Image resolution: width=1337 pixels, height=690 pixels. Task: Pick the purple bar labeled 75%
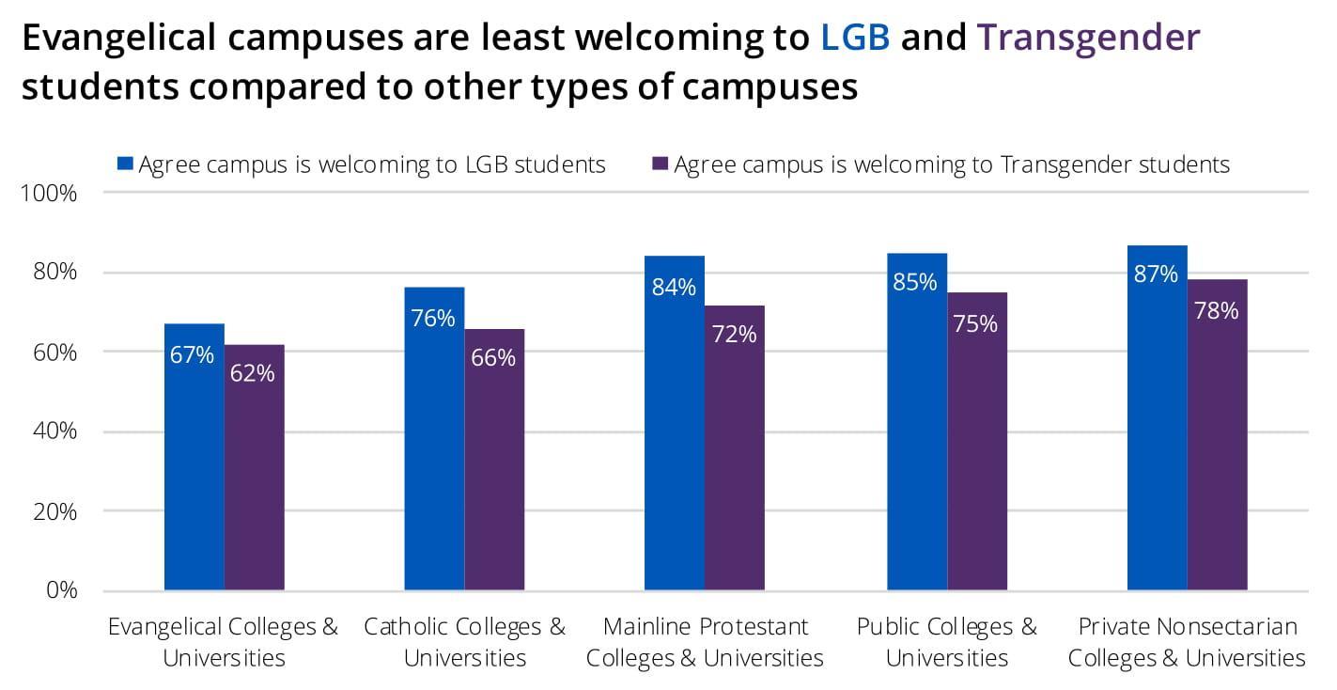(x=976, y=451)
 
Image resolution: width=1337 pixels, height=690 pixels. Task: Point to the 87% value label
(x=1156, y=274)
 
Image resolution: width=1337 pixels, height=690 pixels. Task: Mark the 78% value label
(x=1216, y=311)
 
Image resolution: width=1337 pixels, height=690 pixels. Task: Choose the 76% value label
(x=433, y=318)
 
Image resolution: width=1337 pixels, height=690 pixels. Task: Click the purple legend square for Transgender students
(x=660, y=165)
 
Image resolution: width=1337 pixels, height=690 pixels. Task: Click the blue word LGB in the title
(x=855, y=38)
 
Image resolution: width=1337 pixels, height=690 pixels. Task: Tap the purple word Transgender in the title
(x=1089, y=38)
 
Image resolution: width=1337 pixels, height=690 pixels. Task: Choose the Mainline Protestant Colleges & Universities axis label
(x=705, y=642)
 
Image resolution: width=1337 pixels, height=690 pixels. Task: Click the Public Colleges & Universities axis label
(x=946, y=642)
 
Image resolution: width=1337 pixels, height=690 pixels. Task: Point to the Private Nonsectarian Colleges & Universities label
(x=1187, y=642)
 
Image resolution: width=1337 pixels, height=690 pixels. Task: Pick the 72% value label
(x=735, y=333)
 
